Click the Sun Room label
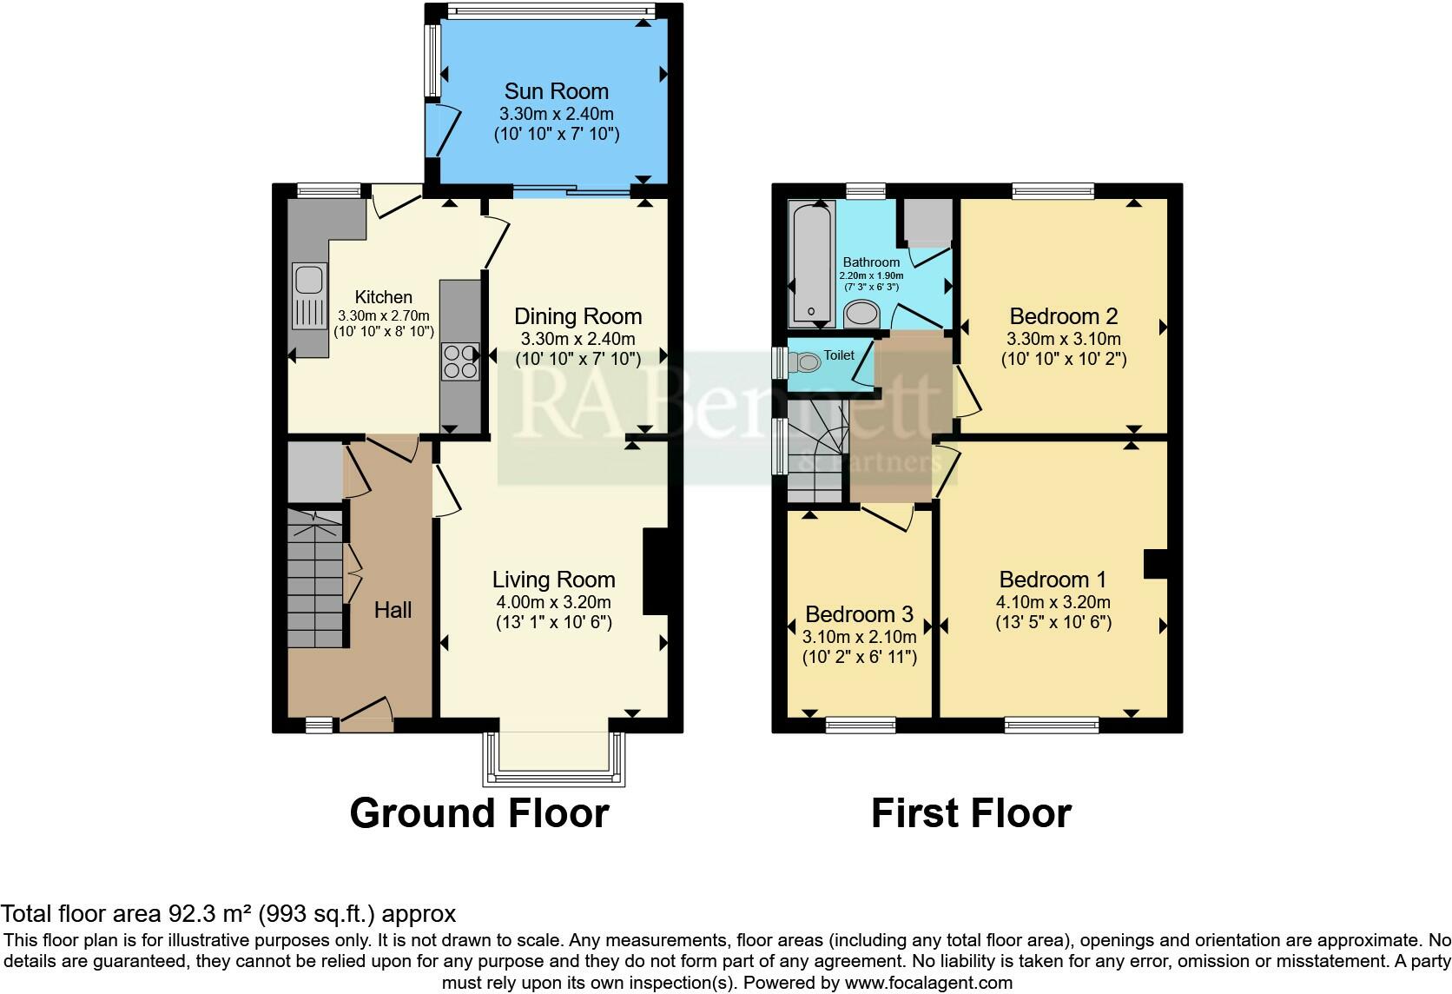tap(556, 90)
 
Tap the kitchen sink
tap(309, 295)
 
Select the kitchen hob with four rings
tap(460, 361)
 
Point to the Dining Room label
tap(577, 316)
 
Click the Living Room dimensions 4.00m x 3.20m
tap(553, 602)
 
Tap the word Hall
tap(393, 609)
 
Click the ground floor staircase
tap(315, 579)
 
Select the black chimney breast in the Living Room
tap(656, 571)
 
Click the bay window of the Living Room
tap(554, 759)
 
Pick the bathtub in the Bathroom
tap(812, 263)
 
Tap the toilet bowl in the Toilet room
tap(806, 361)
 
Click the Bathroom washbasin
tap(861, 315)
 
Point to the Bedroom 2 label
tap(1063, 316)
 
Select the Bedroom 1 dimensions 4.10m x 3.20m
tap(1053, 602)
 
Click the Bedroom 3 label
tap(860, 613)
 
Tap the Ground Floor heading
tap(479, 813)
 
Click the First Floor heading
tap(971, 813)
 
